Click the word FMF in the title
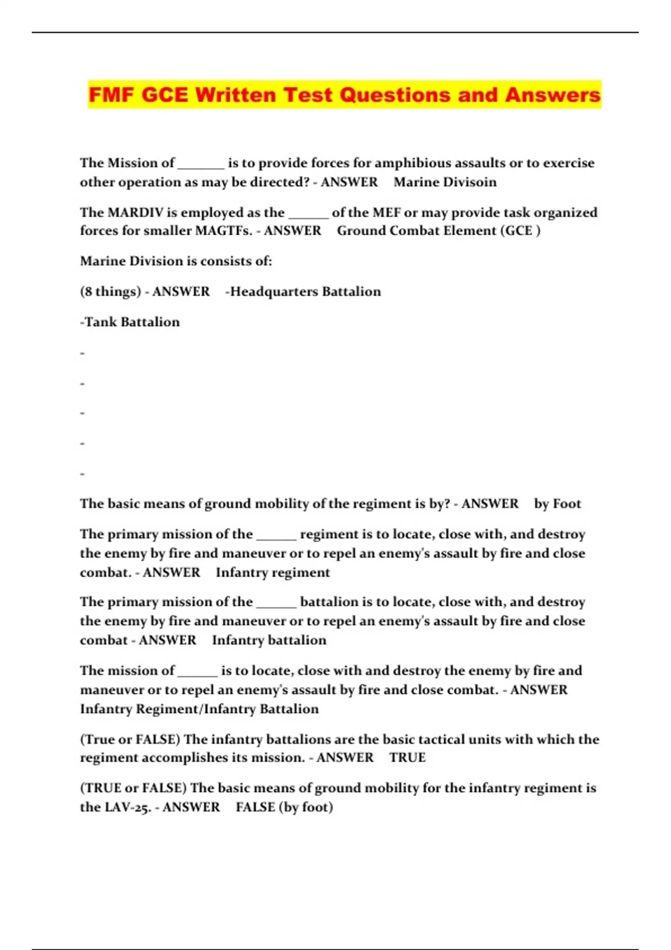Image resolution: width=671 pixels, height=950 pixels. click(x=112, y=95)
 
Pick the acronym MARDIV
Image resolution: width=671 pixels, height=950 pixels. click(x=135, y=212)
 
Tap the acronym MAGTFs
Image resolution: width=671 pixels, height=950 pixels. click(x=224, y=231)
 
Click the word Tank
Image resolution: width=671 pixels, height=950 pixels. click(x=100, y=322)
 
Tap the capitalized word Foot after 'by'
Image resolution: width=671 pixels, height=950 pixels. click(x=567, y=504)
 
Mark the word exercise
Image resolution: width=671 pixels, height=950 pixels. click(x=569, y=163)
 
